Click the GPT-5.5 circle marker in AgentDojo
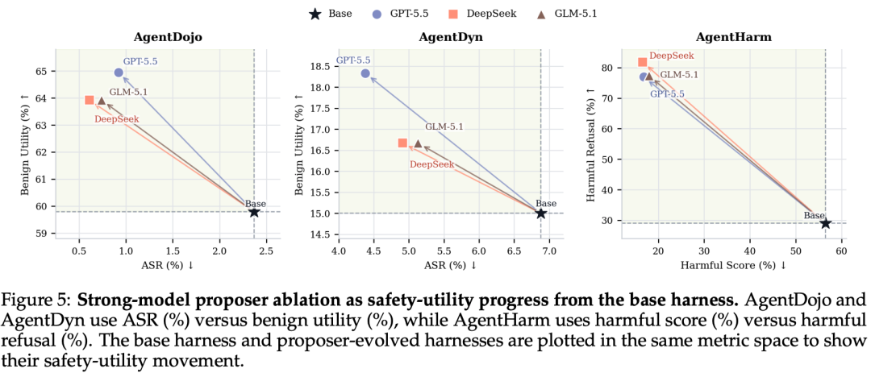click(119, 73)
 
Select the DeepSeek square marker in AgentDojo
click(90, 100)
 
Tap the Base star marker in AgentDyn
click(541, 213)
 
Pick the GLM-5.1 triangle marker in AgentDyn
click(418, 143)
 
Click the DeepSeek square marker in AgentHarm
click(643, 62)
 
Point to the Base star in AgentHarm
click(826, 223)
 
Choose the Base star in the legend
click(315, 15)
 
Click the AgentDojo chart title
click(168, 38)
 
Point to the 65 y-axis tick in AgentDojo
click(43, 72)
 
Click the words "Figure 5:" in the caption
click(37, 302)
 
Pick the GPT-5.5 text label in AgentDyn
click(353, 60)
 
